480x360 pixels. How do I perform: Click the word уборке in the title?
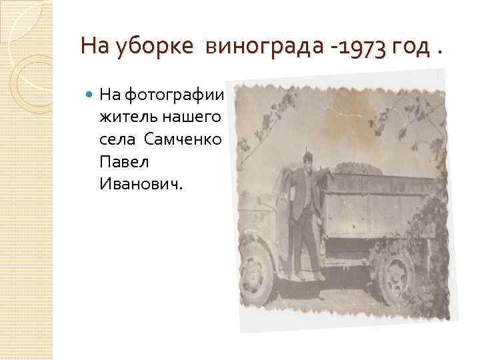(154, 47)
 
